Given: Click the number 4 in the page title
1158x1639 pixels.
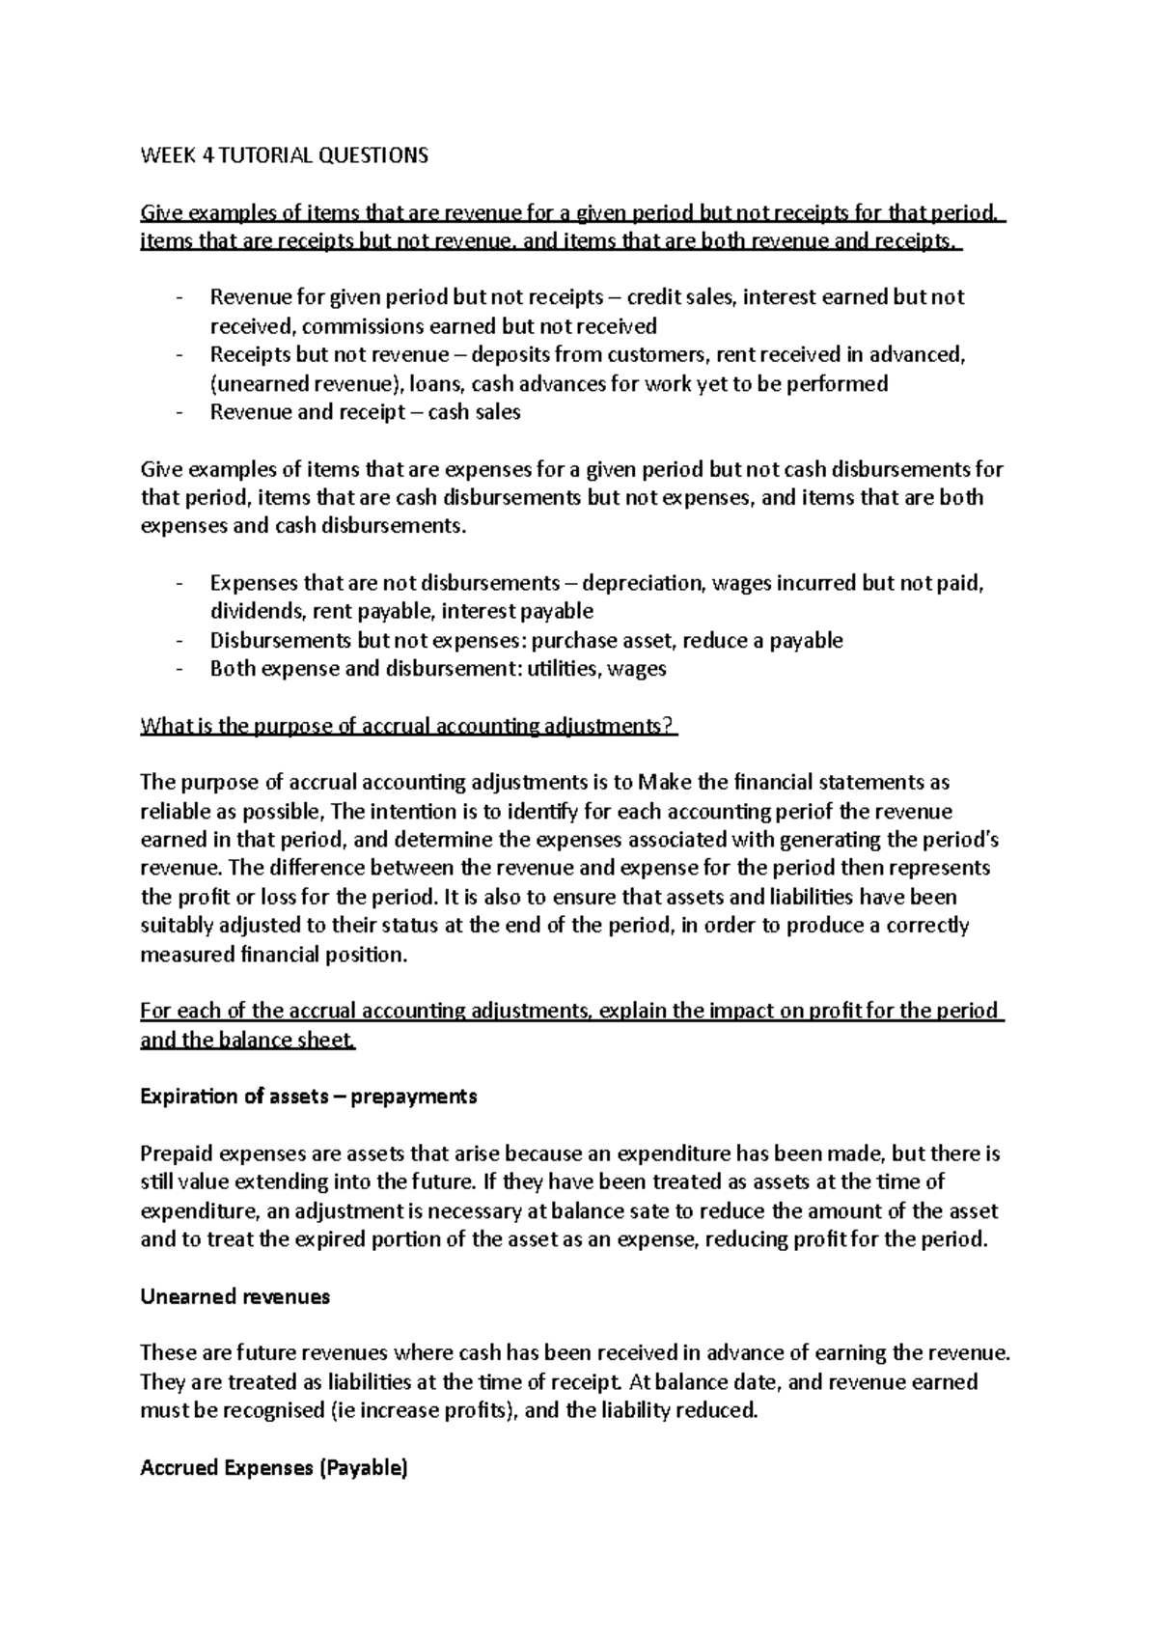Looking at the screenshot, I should pos(207,155).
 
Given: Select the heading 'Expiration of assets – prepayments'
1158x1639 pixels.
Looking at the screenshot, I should pos(308,1097).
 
